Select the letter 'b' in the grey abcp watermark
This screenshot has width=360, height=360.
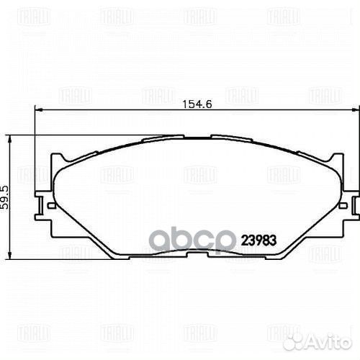coord(184,238)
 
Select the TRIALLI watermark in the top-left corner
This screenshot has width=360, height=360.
coord(32,16)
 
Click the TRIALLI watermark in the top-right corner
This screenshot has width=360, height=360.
coord(284,16)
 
